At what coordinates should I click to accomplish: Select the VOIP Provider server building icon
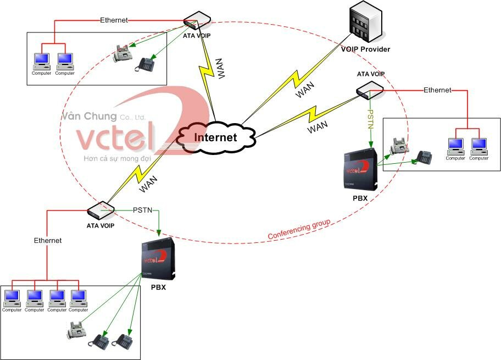click(365, 22)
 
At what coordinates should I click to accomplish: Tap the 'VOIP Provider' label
click(365, 49)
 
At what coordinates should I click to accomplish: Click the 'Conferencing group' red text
click(299, 230)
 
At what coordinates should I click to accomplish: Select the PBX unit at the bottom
click(158, 258)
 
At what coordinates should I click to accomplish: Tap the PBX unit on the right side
click(359, 168)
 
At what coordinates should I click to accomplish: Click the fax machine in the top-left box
click(123, 53)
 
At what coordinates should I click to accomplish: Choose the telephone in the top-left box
click(146, 64)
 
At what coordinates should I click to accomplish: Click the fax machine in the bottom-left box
click(77, 330)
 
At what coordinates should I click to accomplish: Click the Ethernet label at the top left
click(114, 20)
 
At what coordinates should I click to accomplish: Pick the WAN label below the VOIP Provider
click(305, 92)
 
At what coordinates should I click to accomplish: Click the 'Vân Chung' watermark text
click(90, 117)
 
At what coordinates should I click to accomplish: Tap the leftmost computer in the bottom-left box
click(12, 299)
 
